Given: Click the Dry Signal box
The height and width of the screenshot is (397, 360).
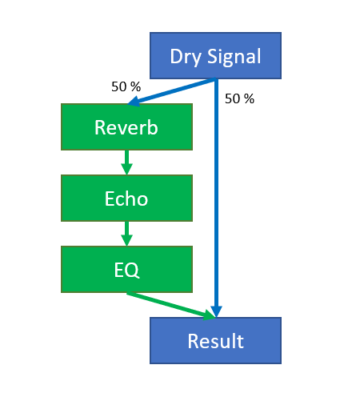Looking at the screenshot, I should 215,55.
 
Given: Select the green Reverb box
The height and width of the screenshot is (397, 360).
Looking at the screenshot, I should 126,126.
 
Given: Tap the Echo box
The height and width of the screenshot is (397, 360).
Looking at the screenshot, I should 126,198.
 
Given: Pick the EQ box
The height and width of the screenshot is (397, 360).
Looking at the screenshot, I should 126,269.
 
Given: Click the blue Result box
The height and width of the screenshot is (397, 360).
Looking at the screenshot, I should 215,340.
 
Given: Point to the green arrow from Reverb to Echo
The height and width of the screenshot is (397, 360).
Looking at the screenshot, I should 126,162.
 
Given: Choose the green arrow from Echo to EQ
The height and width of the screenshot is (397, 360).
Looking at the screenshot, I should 126,233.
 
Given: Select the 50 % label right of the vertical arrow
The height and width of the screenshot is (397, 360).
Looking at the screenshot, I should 239,99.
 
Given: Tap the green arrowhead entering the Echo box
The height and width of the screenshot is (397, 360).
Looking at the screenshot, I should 126,169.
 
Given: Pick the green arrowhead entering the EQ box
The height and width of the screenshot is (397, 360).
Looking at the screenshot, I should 126,240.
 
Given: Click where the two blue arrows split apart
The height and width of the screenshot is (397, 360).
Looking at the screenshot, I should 216,79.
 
